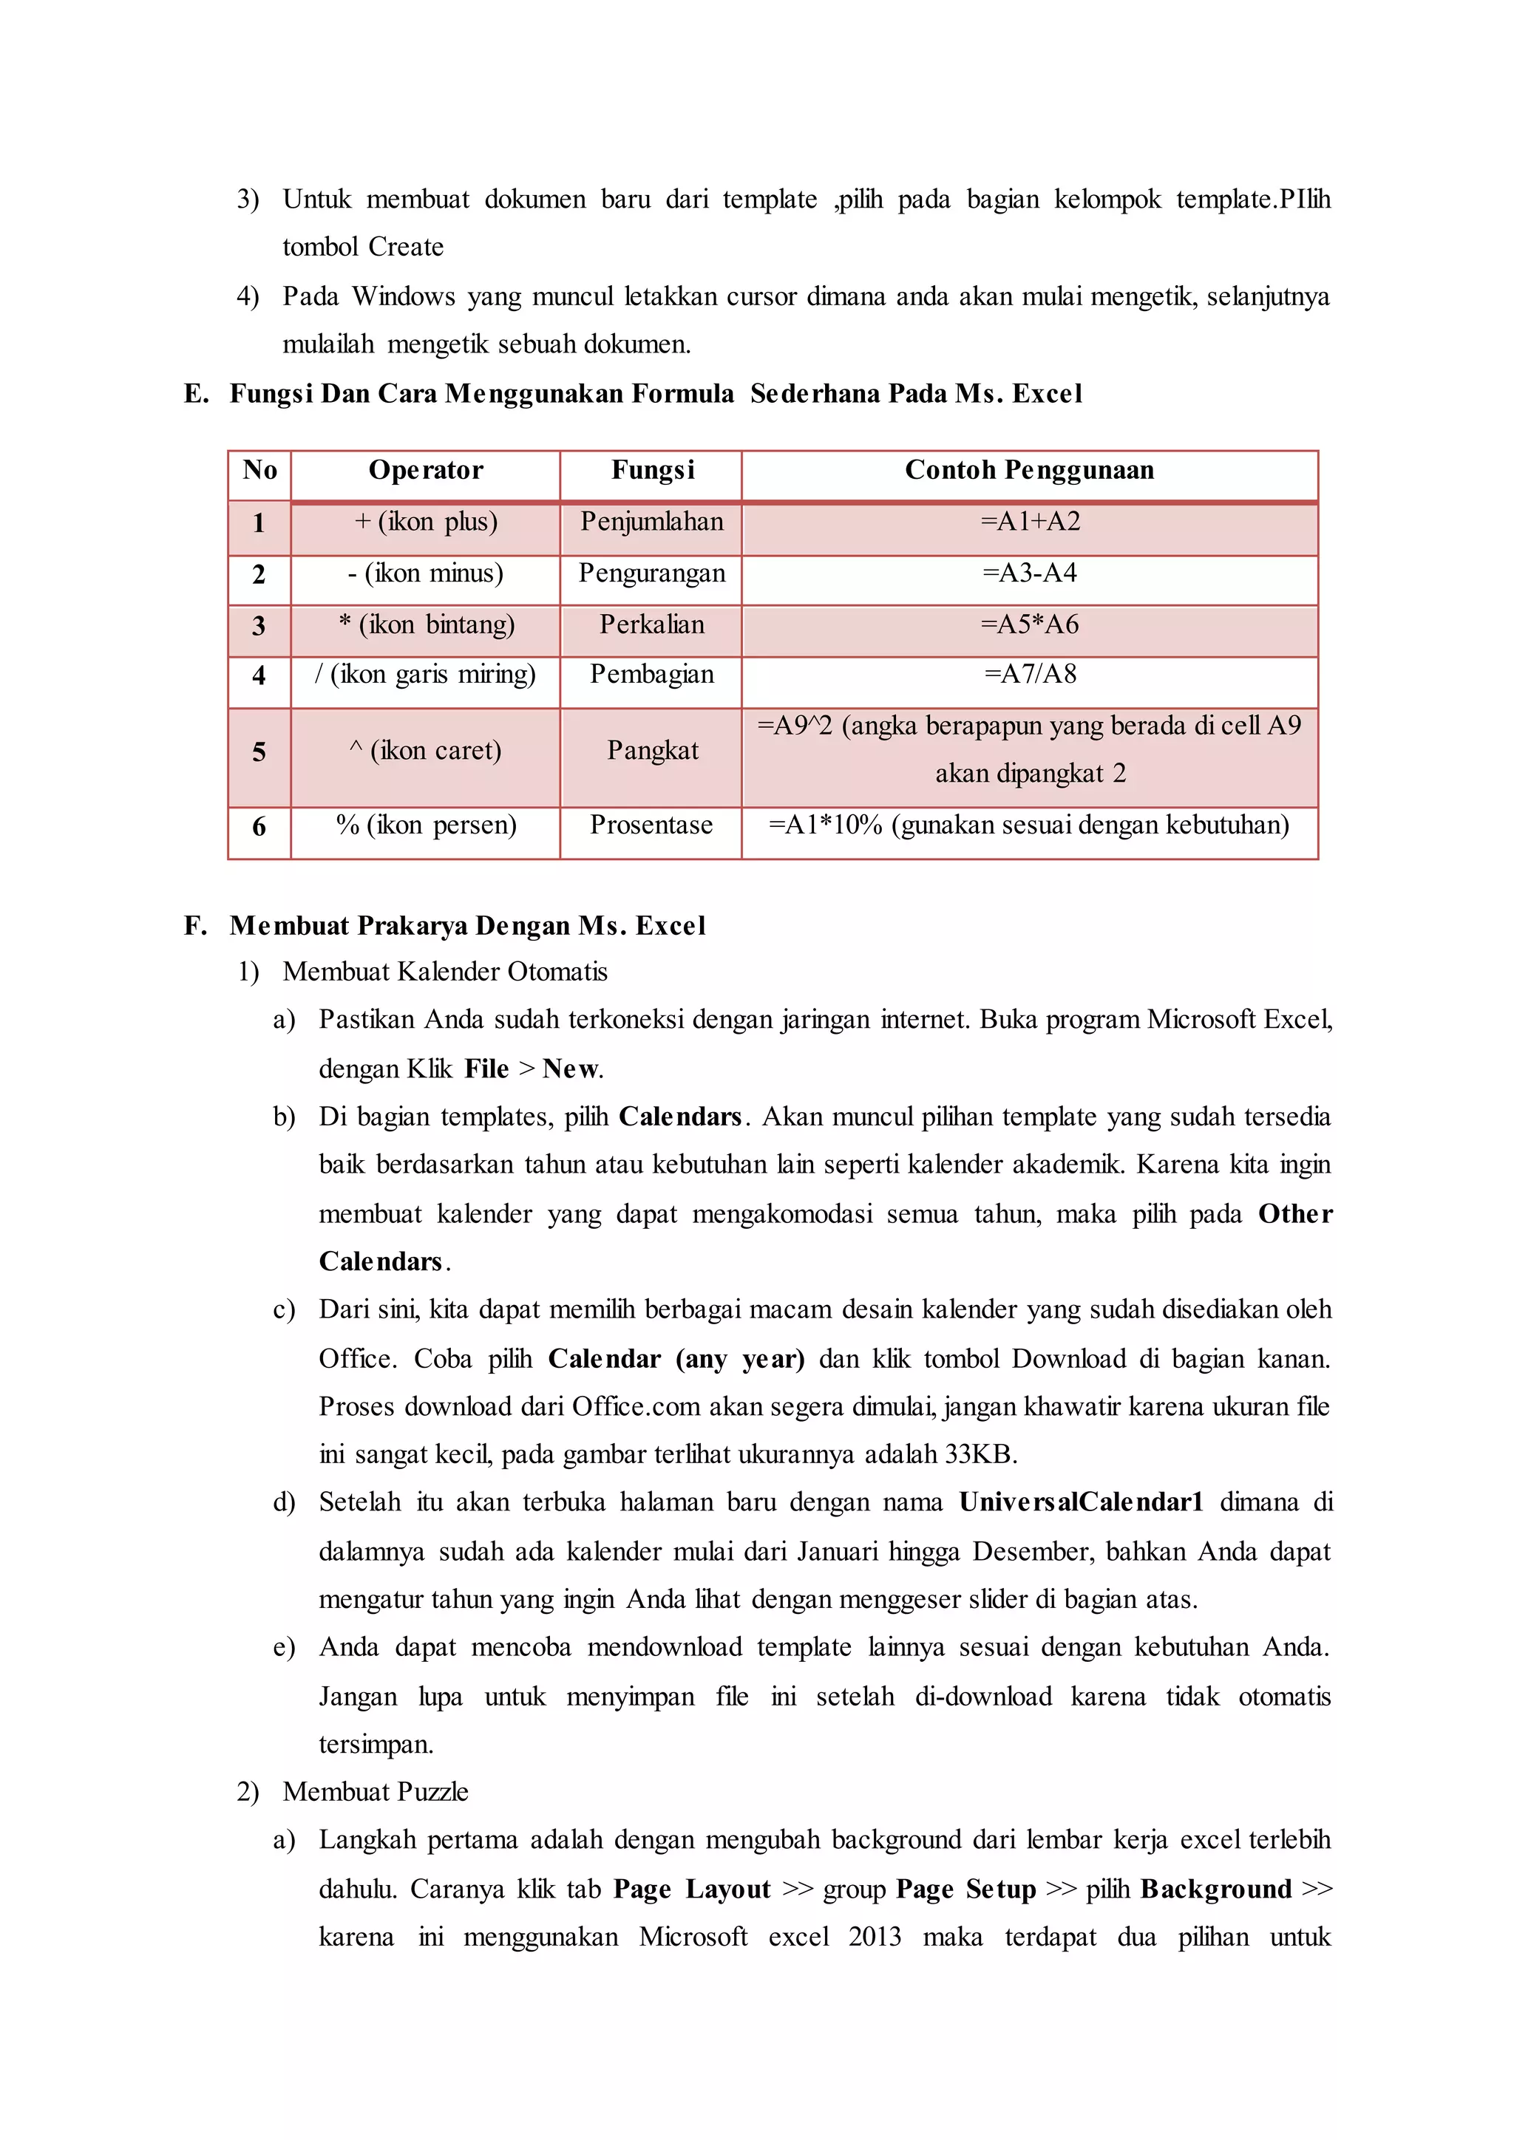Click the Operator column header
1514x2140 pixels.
[x=425, y=470]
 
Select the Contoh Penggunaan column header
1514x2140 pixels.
[x=1028, y=470]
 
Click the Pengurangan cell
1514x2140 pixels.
[x=651, y=573]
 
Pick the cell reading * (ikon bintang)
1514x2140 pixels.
[x=426, y=624]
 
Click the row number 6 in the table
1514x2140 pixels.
[x=259, y=827]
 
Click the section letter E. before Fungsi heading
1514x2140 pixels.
[x=196, y=395]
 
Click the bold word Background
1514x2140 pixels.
[x=1215, y=1889]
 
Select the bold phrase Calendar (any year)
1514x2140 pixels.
[x=676, y=1359]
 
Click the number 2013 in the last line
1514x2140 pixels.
[x=874, y=1938]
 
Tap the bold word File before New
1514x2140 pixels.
[x=486, y=1069]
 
